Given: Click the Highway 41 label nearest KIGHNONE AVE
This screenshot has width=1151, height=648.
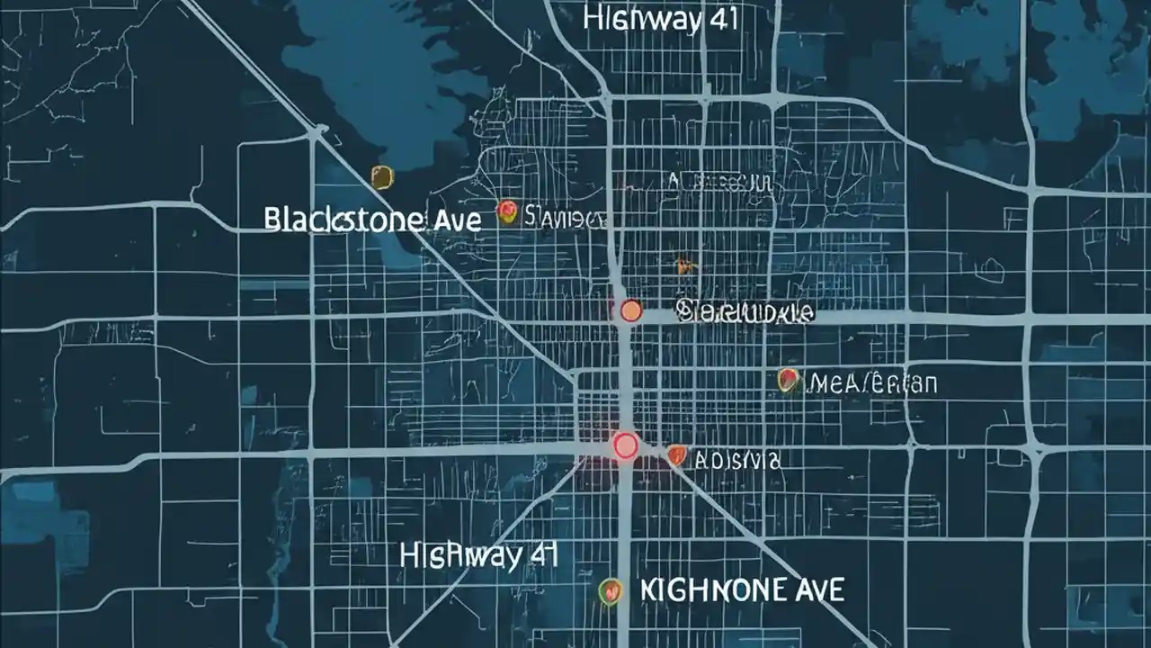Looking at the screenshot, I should coord(478,555).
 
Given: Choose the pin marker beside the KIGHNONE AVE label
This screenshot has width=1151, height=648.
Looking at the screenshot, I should coord(611,590).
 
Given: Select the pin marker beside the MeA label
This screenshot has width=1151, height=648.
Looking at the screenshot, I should coord(789,381).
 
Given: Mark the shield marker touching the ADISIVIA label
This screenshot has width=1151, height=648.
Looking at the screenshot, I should coord(676,456).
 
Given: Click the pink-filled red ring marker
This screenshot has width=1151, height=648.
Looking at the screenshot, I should coord(624,444).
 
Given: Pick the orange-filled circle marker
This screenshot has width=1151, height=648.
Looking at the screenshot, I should coord(630,311).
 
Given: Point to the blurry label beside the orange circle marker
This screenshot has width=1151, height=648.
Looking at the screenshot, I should coord(745,313).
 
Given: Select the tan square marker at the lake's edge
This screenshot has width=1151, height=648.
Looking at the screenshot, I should coord(382,176).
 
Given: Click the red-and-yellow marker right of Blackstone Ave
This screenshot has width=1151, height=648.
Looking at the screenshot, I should coord(507,212).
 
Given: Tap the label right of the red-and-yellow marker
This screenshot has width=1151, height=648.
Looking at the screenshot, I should coord(565,217).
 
